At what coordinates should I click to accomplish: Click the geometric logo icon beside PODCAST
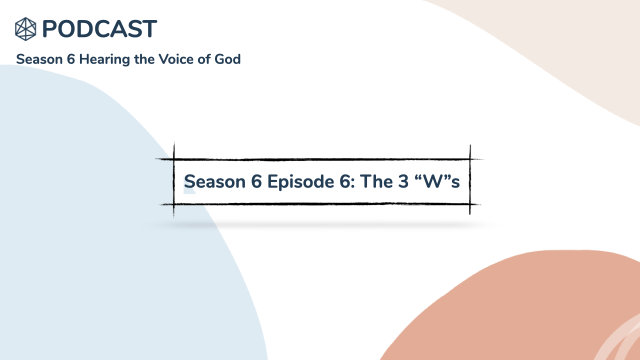click(25, 29)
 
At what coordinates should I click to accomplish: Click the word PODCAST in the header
click(99, 29)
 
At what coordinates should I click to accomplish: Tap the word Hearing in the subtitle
click(104, 60)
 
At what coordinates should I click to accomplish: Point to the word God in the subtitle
click(227, 59)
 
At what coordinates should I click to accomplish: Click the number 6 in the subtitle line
click(71, 59)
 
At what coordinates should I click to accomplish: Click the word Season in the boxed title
click(215, 181)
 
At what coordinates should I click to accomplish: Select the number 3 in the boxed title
click(403, 181)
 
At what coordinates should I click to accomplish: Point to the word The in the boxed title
click(376, 181)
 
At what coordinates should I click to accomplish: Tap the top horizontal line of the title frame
click(320, 159)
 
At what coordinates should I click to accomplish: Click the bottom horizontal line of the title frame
click(320, 204)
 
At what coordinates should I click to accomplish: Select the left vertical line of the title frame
click(173, 179)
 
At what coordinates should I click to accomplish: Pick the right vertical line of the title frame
click(470, 179)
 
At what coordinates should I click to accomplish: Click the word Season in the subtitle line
click(39, 59)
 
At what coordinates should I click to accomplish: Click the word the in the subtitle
click(144, 59)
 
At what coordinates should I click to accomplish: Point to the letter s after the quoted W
click(456, 183)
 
